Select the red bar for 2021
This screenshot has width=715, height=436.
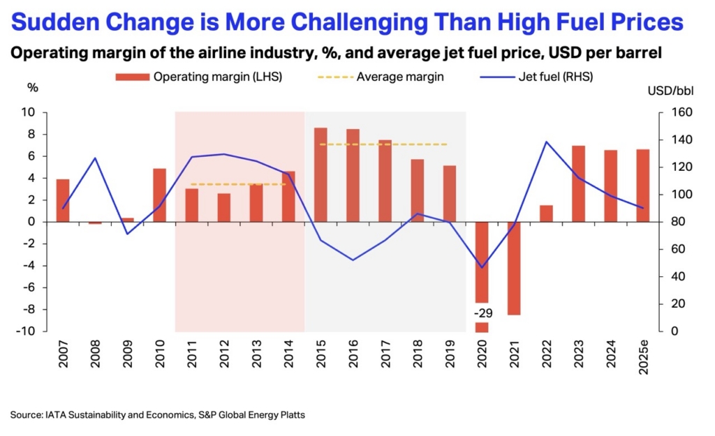click(514, 268)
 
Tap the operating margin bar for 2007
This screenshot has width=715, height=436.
click(63, 200)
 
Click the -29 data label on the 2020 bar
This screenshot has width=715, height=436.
click(482, 312)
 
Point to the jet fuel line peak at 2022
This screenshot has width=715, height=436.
click(546, 142)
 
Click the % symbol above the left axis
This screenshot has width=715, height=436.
click(32, 89)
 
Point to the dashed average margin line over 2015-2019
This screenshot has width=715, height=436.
click(383, 144)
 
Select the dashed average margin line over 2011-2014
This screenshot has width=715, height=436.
click(238, 184)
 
